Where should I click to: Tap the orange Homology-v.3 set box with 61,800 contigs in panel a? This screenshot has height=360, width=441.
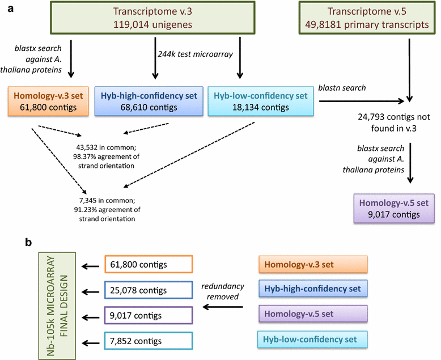49,102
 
